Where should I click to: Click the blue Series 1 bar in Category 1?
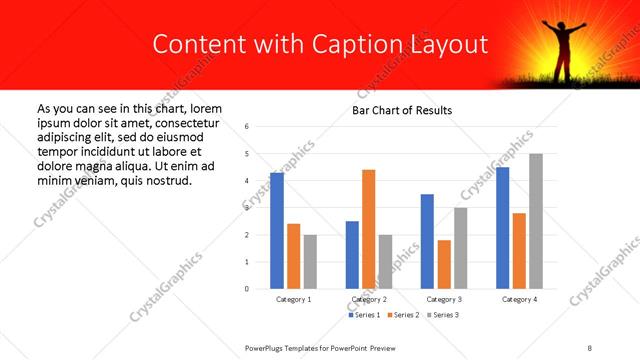tap(277, 231)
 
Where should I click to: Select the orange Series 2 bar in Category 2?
tap(368, 229)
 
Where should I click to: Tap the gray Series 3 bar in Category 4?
tap(536, 221)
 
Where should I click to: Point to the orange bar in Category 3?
tap(444, 264)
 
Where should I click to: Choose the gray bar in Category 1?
tap(310, 261)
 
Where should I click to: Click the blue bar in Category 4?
tap(502, 228)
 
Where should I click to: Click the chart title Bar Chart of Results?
tap(402, 110)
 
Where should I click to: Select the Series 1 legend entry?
tap(363, 315)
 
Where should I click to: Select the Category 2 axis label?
tap(369, 299)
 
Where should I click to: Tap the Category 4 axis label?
tap(519, 299)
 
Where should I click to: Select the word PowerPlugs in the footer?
tap(267, 346)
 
